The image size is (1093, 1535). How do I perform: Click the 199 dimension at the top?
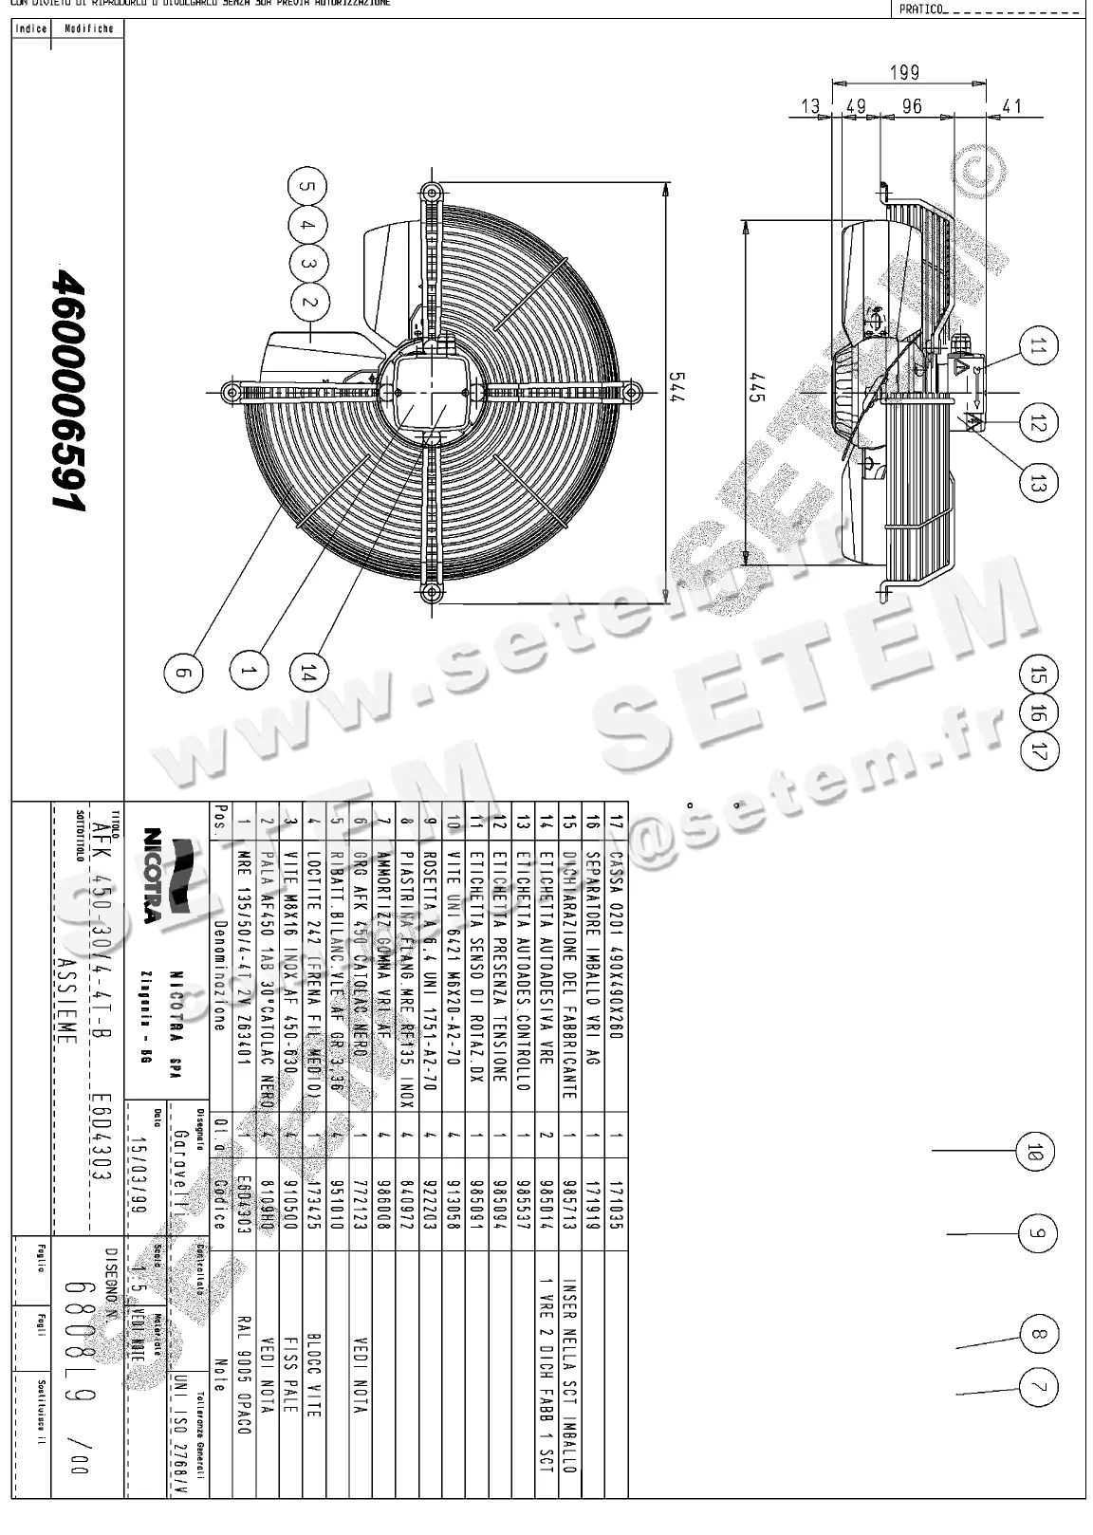905,73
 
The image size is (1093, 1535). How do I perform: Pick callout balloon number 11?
1037,347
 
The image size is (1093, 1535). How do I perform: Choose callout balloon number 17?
1040,751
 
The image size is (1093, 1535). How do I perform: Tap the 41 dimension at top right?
1012,106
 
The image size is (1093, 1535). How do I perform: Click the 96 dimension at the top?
912,106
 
